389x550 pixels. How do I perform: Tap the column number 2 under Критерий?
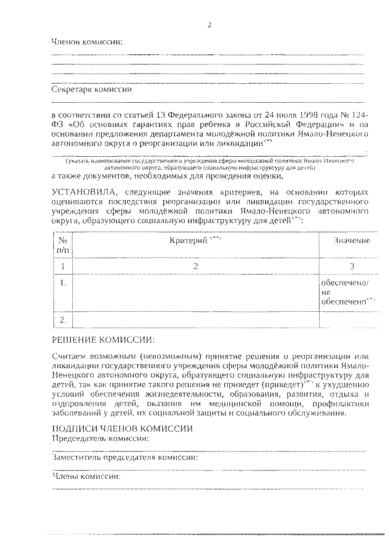[x=196, y=266]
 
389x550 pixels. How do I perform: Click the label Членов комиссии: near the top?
[x=86, y=42]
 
